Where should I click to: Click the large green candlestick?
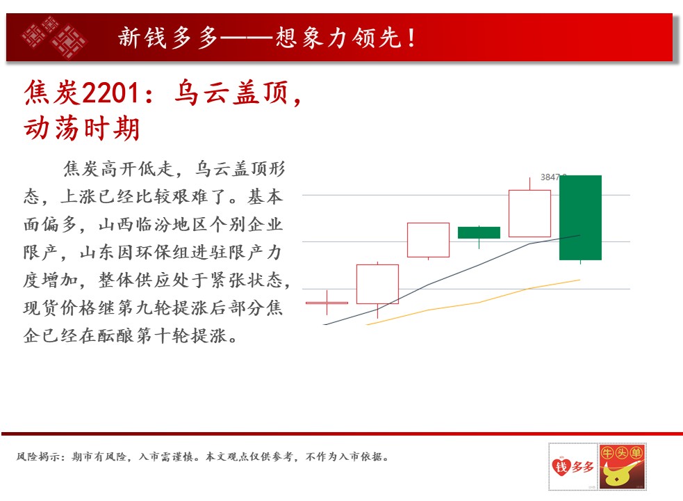(580, 217)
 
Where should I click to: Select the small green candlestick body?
(479, 232)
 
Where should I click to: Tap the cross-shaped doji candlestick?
(327, 303)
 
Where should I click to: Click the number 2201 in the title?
(110, 93)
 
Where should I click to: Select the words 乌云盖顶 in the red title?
(231, 93)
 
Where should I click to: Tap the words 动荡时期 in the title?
(82, 129)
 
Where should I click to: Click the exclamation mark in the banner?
(411, 38)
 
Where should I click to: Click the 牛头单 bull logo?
(622, 466)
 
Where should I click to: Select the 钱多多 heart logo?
(573, 466)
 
